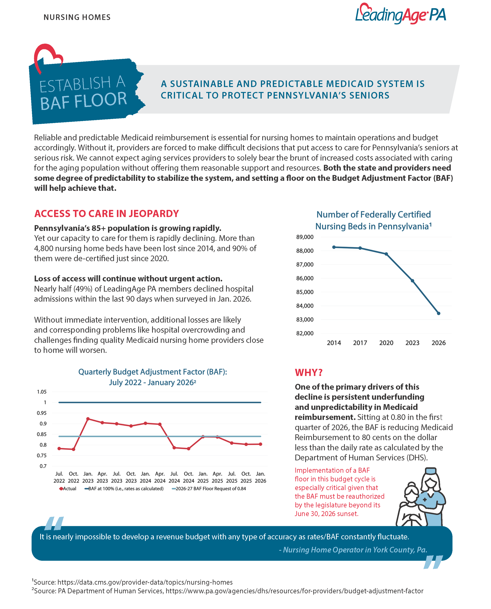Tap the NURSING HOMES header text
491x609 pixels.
pyautogui.click(x=77, y=17)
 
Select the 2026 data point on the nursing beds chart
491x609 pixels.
pyautogui.click(x=438, y=313)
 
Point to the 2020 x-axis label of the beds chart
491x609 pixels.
pyautogui.click(x=386, y=343)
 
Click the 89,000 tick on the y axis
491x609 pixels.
pyautogui.click(x=305, y=237)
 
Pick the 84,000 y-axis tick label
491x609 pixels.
pyautogui.click(x=305, y=306)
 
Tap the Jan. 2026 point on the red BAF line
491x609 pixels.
pyautogui.click(x=261, y=444)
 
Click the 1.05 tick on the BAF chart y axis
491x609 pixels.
pyautogui.click(x=42, y=392)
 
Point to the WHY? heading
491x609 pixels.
pyautogui.click(x=309, y=372)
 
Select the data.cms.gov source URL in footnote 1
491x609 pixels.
pyautogui.click(x=145, y=582)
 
